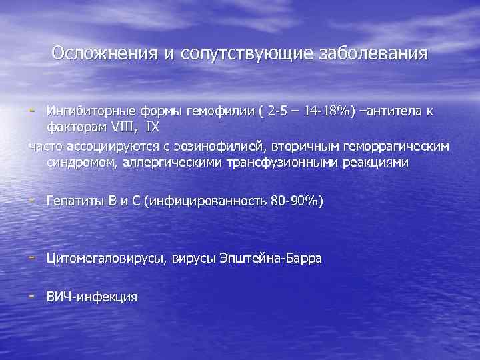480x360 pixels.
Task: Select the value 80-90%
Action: [296, 201]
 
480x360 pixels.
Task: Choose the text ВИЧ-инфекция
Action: [91, 297]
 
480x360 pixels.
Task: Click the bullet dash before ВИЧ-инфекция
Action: [32, 295]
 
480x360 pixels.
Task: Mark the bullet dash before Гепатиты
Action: [32, 200]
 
